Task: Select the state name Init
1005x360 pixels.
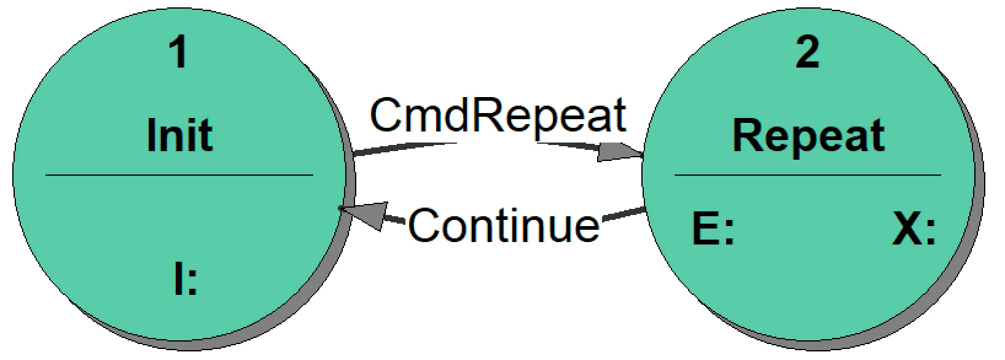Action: click(x=179, y=136)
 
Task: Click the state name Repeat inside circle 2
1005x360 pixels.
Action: click(x=808, y=136)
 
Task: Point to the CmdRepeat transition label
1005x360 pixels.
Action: click(x=498, y=115)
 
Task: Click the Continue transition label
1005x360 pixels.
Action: click(x=503, y=225)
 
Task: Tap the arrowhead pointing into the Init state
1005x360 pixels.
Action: click(x=362, y=215)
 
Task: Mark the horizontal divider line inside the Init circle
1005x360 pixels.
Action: click(x=179, y=176)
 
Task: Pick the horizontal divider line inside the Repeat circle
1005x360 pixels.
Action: click(x=808, y=176)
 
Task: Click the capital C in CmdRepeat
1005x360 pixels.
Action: click(x=386, y=115)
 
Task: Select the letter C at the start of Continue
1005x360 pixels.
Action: click(x=425, y=225)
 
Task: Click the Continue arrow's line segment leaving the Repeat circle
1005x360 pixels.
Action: click(x=624, y=214)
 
